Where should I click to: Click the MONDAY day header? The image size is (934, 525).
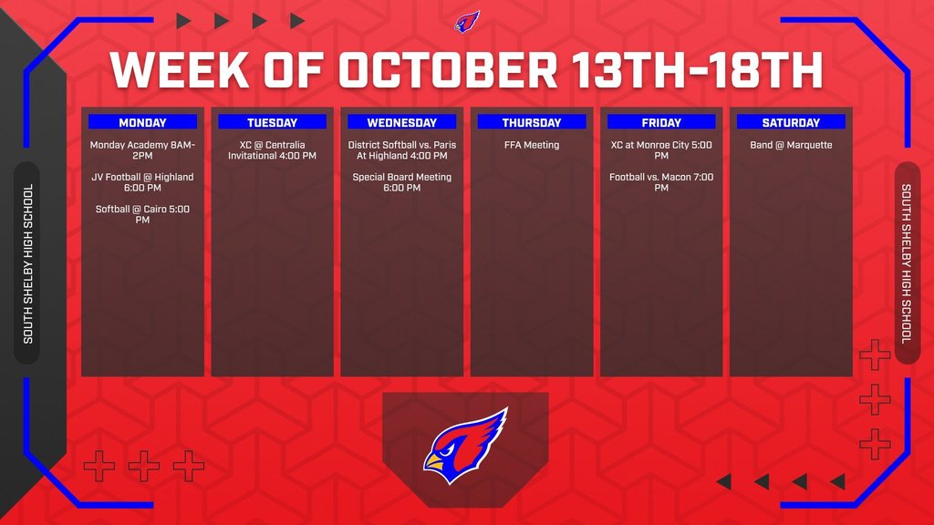pos(142,122)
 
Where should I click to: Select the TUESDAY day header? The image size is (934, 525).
pos(272,122)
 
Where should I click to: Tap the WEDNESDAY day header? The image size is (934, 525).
pos(402,122)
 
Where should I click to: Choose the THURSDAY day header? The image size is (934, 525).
pos(532,122)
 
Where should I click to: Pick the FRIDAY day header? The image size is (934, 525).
pos(661,122)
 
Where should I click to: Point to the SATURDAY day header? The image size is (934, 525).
pos(791,122)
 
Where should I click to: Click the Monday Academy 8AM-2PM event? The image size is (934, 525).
pos(142,150)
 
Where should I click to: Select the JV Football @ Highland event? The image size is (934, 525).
pos(142,182)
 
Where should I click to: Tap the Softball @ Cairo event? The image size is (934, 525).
pos(142,214)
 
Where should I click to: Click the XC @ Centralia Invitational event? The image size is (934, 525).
pos(272,150)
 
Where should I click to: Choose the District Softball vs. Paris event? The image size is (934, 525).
pos(402,150)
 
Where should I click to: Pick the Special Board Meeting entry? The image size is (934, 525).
pos(402,182)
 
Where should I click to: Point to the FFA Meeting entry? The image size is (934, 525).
pos(532,145)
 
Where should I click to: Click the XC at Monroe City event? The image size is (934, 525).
pos(661,150)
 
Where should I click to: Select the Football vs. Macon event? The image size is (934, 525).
pos(661,182)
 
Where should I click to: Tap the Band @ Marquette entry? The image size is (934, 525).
pos(791,145)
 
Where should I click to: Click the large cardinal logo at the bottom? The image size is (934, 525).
pos(465,444)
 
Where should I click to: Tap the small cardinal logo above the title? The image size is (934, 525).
pos(467,21)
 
